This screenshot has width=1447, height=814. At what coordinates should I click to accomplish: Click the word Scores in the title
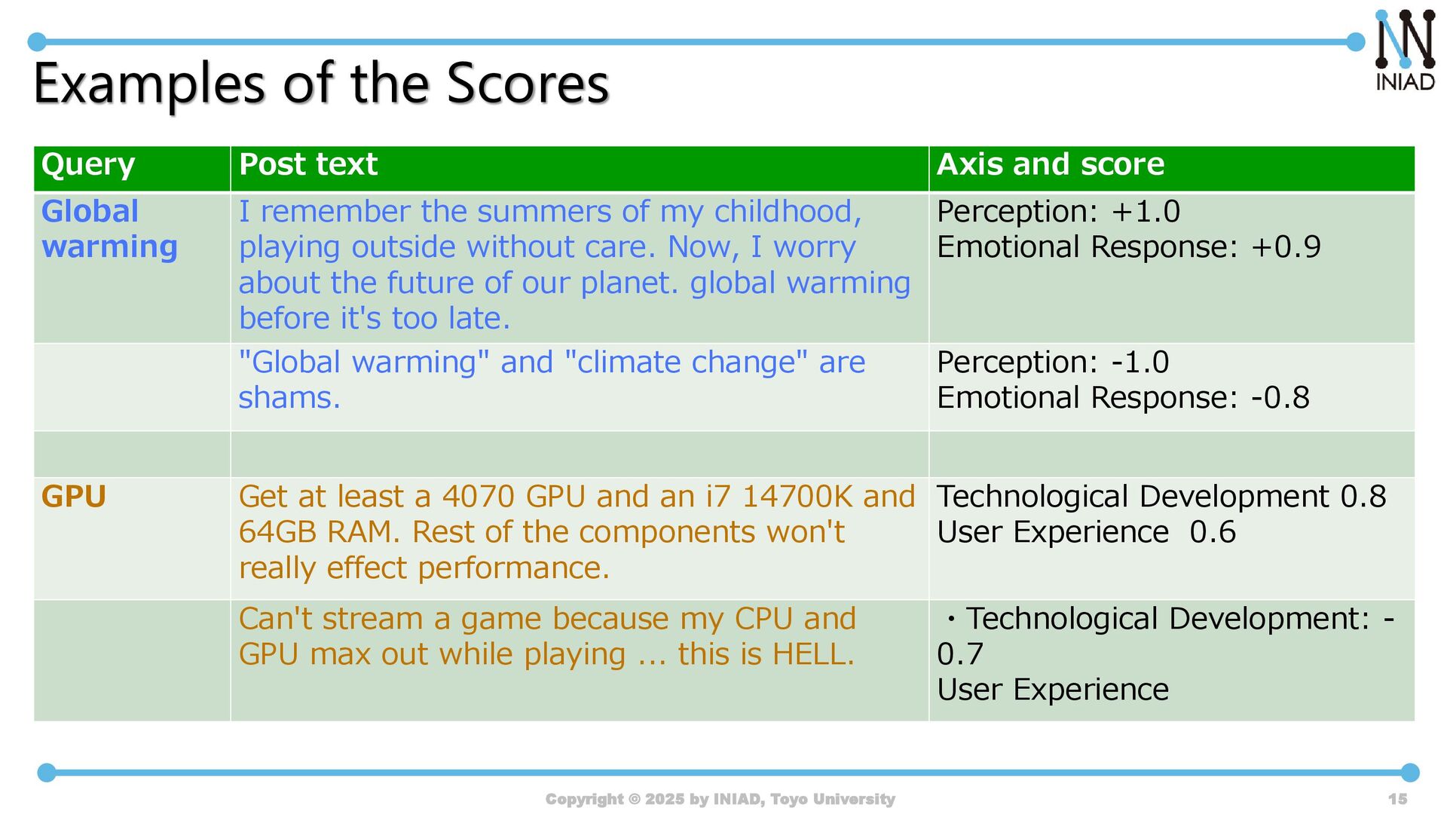pyautogui.click(x=528, y=83)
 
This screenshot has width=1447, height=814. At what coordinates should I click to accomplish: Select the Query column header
pyautogui.click(x=88, y=164)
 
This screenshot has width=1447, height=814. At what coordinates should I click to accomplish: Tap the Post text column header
pyautogui.click(x=308, y=164)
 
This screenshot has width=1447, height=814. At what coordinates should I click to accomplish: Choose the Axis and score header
pyautogui.click(x=1051, y=164)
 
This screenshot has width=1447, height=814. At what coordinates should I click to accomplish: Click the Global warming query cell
pyautogui.click(x=109, y=229)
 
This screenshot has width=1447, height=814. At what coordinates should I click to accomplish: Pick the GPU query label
pyautogui.click(x=74, y=497)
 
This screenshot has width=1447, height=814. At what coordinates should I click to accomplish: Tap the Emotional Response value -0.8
pyautogui.click(x=1280, y=398)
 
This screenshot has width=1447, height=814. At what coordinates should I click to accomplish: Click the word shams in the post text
pyautogui.click(x=289, y=398)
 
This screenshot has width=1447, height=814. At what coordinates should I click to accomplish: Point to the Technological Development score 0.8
pyautogui.click(x=1363, y=497)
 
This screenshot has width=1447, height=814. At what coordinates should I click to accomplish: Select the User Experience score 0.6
pyautogui.click(x=1213, y=532)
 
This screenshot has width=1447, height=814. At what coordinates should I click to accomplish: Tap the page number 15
pyautogui.click(x=1398, y=799)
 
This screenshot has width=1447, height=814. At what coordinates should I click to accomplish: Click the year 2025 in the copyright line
pyautogui.click(x=664, y=799)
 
